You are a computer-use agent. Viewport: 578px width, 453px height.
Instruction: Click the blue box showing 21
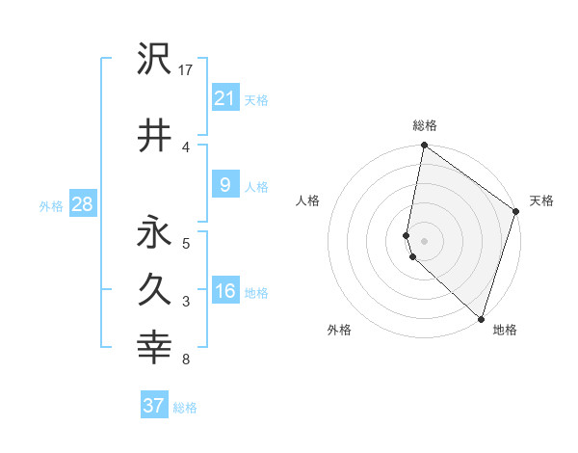pos(224,97)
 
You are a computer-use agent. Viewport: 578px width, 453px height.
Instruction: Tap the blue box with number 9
pos(224,185)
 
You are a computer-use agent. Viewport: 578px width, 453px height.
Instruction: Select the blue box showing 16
pos(224,291)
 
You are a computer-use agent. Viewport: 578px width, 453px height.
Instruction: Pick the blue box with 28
pos(82,204)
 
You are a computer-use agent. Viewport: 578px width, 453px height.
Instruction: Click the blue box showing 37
pos(154,406)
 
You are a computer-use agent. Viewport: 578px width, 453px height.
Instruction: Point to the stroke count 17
pos(186,69)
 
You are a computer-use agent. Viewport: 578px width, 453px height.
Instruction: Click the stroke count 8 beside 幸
pos(185,360)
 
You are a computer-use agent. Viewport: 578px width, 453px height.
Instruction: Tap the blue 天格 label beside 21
pos(256,99)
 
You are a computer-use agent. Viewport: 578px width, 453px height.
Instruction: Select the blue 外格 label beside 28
pos(51,205)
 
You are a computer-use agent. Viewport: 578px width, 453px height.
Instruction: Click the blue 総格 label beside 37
pos(185,408)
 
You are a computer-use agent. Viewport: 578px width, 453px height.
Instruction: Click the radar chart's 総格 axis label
pos(425,125)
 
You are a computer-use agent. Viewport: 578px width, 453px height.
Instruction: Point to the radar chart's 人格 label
pos(308,200)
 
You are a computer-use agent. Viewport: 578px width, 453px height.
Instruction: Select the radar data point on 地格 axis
pos(481,319)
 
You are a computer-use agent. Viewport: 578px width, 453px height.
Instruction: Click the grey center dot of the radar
pos(425,240)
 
